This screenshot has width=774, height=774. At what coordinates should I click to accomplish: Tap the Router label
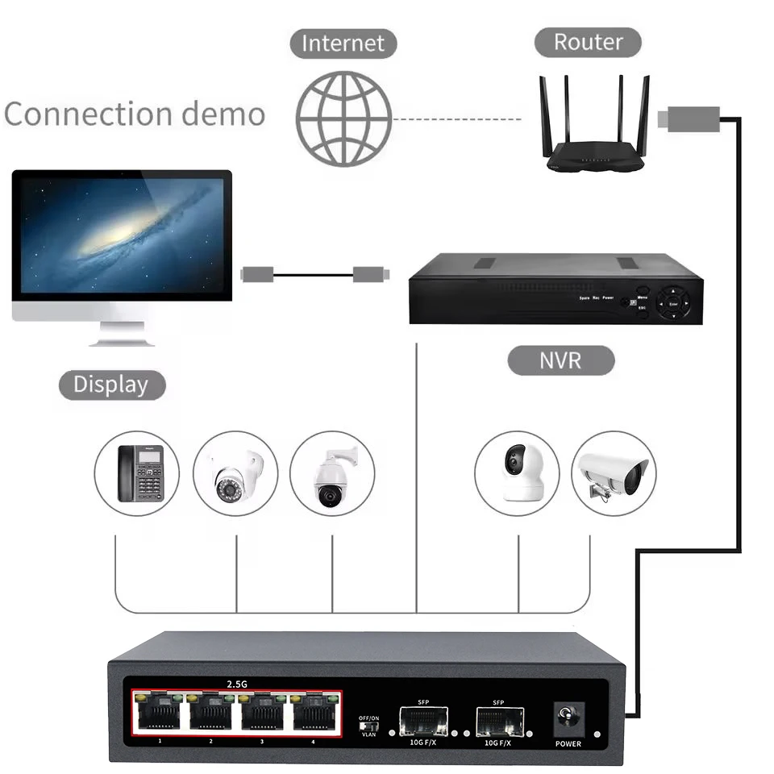click(588, 41)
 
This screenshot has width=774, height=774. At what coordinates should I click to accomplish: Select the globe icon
click(343, 119)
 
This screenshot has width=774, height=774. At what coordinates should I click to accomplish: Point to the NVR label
click(560, 360)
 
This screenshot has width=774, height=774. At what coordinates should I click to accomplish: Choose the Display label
click(111, 385)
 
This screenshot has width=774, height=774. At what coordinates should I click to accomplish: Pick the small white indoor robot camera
click(517, 473)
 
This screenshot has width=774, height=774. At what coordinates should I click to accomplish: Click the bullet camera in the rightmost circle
click(614, 473)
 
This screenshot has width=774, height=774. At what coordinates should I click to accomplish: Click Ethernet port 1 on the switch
click(160, 712)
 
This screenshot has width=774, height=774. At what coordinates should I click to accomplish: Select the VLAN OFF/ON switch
click(368, 726)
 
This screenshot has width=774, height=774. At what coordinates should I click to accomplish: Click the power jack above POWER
click(568, 718)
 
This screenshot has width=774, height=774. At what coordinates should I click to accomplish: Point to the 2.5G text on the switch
click(236, 684)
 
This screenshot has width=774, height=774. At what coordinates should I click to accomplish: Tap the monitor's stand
click(121, 332)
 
